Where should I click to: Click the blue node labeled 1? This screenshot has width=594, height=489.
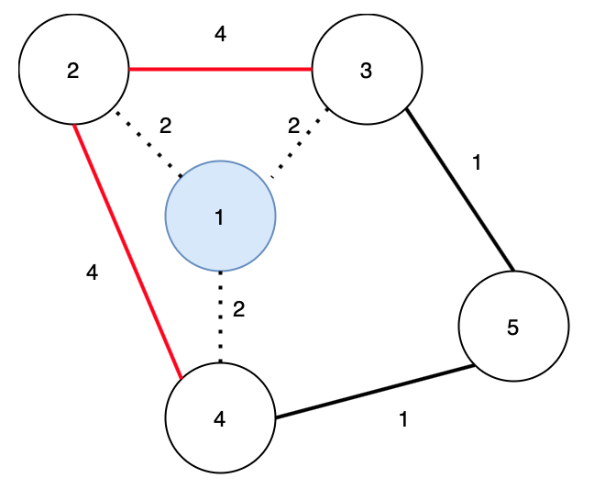tap(221, 217)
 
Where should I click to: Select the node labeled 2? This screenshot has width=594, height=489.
tap(74, 69)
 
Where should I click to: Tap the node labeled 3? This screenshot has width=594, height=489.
tap(367, 69)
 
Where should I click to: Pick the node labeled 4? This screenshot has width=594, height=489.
tap(221, 417)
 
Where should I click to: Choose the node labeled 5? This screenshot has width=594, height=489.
tap(513, 326)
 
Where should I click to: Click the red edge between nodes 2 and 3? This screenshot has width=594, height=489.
tap(221, 69)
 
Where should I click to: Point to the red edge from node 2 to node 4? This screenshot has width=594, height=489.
tap(128, 251)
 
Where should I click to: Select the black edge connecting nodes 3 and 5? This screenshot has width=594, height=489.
tap(460, 190)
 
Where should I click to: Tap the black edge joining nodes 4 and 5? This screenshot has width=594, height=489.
tap(375, 392)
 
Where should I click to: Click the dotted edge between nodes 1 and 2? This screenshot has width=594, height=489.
tap(149, 144)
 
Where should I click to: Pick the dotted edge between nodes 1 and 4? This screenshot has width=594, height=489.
tap(221, 317)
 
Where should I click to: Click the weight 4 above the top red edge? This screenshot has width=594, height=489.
tap(221, 34)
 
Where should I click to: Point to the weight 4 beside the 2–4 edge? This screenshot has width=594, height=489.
tap(92, 272)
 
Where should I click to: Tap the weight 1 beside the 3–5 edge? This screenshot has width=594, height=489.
tap(477, 162)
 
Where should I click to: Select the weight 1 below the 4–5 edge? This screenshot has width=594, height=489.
tap(403, 419)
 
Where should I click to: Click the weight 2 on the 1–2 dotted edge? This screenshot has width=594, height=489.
tap(165, 126)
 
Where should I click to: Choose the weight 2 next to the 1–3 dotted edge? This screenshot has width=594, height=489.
tap(293, 126)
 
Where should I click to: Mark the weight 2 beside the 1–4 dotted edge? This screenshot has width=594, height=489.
tap(238, 309)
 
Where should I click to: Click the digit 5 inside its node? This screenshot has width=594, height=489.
tap(512, 328)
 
